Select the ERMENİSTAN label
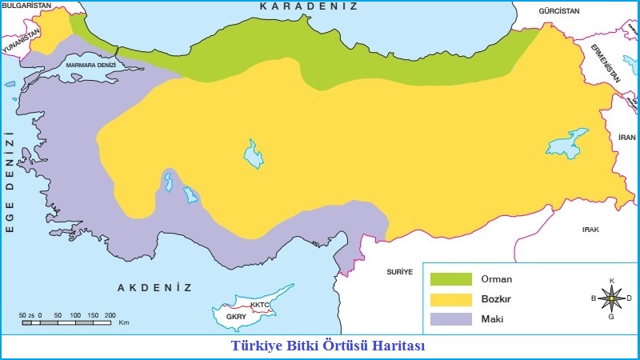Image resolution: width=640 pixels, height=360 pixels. [609, 63]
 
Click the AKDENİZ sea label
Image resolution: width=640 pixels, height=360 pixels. [155, 287]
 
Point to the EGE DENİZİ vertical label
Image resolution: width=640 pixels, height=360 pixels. [10, 185]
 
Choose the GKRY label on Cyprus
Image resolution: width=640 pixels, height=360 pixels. [236, 317]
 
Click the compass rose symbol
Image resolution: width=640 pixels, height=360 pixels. [612, 298]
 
